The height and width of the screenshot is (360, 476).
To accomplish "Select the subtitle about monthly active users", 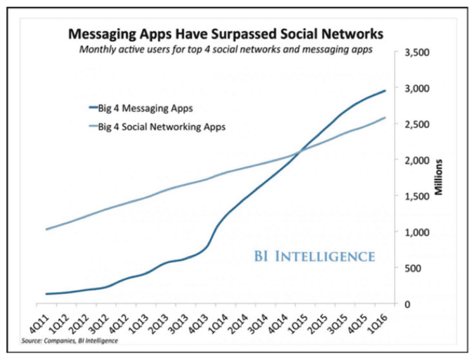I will (225, 50).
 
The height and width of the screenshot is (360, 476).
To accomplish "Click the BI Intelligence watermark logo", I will (314, 256).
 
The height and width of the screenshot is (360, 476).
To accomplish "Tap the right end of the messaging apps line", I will (385, 91).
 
